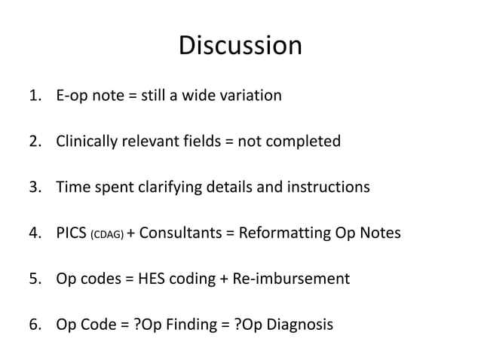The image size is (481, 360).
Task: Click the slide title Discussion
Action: pos(240,47)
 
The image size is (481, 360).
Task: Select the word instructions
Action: pos(331,188)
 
